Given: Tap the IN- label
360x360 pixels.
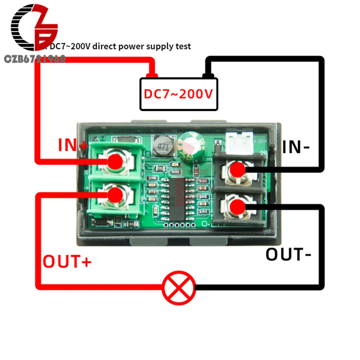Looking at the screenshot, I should point(296,147).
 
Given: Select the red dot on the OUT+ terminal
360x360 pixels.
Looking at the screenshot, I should point(116,195).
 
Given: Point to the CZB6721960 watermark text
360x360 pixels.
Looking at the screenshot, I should point(34,59).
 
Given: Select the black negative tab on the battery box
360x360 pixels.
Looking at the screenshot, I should point(207,76).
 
